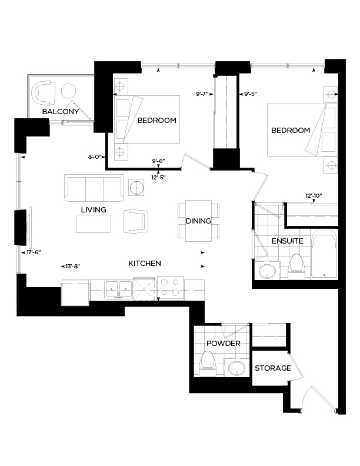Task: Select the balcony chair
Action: click(x=44, y=92)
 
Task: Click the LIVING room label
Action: click(x=94, y=210)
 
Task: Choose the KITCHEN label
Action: click(x=145, y=264)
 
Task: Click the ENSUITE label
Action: click(x=287, y=241)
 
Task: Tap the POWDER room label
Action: click(x=219, y=344)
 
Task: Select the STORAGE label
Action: click(x=273, y=368)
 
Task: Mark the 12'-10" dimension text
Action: click(x=314, y=195)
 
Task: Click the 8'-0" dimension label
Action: click(x=95, y=157)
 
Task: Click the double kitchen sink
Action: click(x=119, y=289)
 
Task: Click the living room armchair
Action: click(x=136, y=221)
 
